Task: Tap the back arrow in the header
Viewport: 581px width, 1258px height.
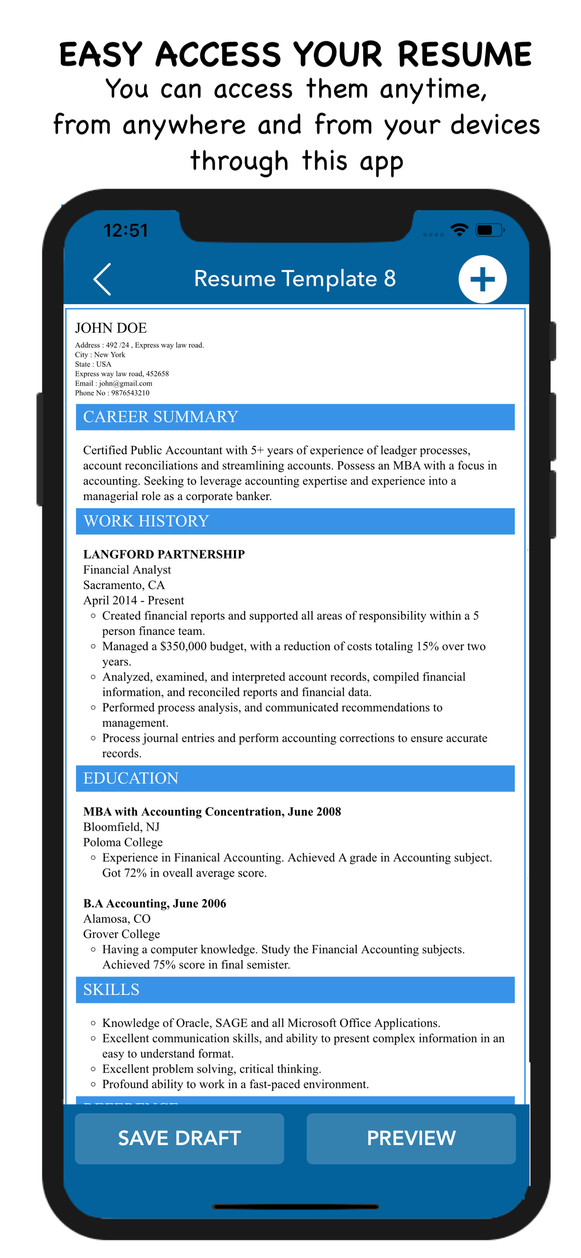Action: point(102,279)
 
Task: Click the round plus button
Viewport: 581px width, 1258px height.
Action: point(482,279)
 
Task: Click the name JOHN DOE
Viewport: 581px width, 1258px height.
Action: point(111,328)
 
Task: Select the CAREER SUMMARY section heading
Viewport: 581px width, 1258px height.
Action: point(160,417)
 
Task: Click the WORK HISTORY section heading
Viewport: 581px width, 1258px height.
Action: point(146,520)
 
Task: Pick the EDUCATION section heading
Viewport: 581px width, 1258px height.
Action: point(131,777)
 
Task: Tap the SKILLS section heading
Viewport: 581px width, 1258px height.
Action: point(111,989)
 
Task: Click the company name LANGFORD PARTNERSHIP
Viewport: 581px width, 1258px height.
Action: point(164,554)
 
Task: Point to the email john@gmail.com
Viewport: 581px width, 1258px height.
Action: point(125,383)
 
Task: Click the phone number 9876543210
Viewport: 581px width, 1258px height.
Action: point(130,393)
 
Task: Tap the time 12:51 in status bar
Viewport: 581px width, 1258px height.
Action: point(125,231)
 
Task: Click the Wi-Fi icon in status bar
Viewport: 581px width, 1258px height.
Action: point(459,229)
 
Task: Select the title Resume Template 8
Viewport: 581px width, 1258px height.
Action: point(294,278)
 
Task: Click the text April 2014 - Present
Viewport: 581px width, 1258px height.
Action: point(133,600)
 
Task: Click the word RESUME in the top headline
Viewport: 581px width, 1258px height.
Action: point(464,54)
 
